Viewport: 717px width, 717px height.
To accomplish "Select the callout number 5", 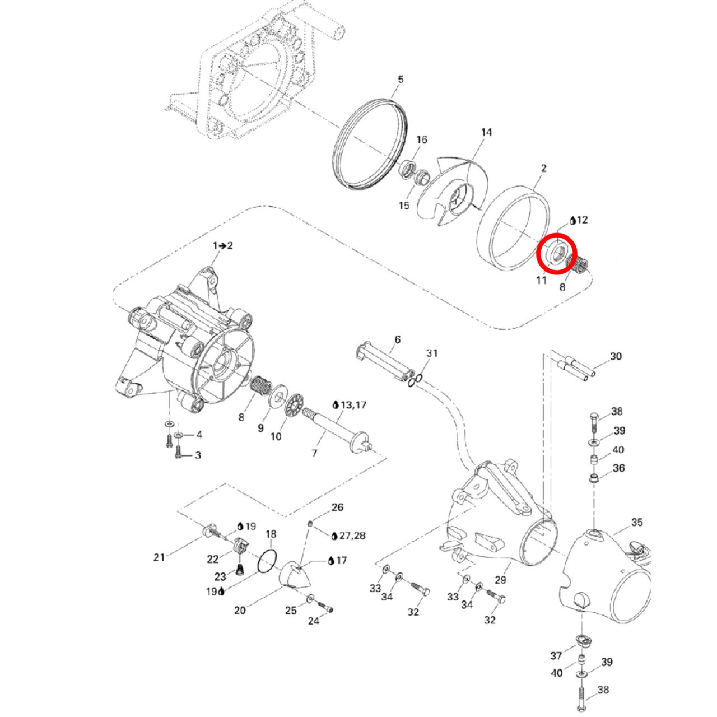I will point(400,79).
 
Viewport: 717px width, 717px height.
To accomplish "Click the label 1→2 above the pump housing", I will point(222,245).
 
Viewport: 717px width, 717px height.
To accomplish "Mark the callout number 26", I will point(337,508).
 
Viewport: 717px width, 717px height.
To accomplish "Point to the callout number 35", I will point(637,522).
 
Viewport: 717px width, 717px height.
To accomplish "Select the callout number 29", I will point(500,580).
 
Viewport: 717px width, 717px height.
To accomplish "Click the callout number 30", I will point(616,356).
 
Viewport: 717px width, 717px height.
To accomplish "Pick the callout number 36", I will point(618,468).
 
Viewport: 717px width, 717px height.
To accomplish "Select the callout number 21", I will point(159,557).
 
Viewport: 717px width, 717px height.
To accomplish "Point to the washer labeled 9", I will point(277,399).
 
